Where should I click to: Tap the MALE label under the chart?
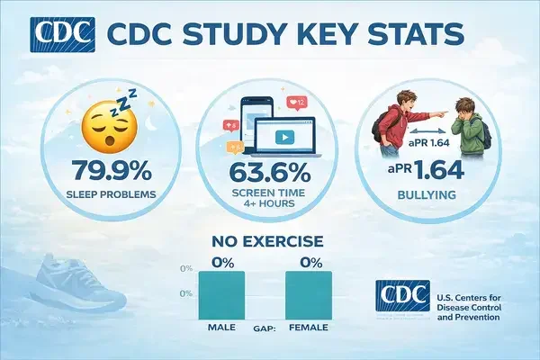tap(220, 327)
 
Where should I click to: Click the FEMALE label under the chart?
tap(309, 327)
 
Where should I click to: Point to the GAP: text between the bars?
tap(264, 327)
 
